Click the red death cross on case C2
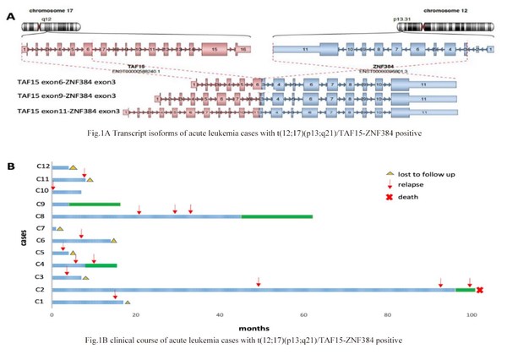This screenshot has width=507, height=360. point(479,290)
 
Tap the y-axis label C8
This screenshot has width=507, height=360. point(39,216)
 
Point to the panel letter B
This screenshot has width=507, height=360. point(11,166)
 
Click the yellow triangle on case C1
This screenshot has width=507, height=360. point(128,302)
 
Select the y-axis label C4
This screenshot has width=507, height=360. point(39,265)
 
